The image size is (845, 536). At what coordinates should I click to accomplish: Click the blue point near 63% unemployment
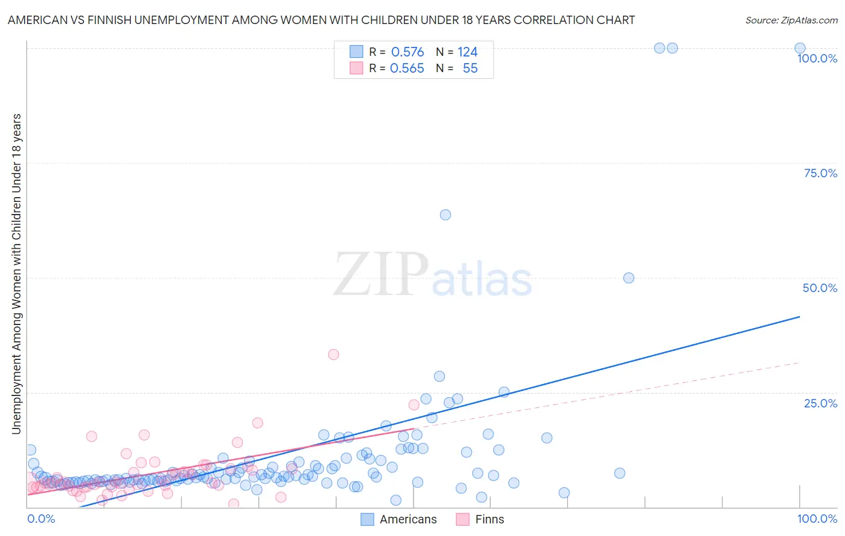click(445, 215)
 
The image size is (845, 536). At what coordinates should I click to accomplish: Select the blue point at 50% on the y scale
click(629, 278)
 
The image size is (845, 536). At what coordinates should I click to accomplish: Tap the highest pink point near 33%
click(334, 355)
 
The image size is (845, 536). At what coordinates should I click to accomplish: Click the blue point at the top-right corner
click(800, 48)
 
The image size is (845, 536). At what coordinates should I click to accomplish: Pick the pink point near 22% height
click(414, 405)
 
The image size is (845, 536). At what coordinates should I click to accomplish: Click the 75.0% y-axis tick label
click(820, 173)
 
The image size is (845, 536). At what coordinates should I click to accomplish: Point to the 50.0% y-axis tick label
click(820, 288)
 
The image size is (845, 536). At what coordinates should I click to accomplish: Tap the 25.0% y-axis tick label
click(820, 403)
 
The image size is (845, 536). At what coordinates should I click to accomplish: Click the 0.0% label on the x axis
click(41, 519)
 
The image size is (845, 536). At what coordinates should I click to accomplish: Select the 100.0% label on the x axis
click(817, 519)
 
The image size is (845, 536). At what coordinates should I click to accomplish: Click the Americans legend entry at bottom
click(399, 519)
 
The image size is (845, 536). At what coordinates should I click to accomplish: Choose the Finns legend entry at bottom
click(480, 519)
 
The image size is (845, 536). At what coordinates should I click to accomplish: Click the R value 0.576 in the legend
click(407, 52)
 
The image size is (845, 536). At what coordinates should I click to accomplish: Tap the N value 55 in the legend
click(470, 69)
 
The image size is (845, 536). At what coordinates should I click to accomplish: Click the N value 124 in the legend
click(468, 52)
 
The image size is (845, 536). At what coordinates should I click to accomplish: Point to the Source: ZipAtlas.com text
click(791, 20)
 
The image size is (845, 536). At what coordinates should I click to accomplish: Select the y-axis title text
click(16, 273)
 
